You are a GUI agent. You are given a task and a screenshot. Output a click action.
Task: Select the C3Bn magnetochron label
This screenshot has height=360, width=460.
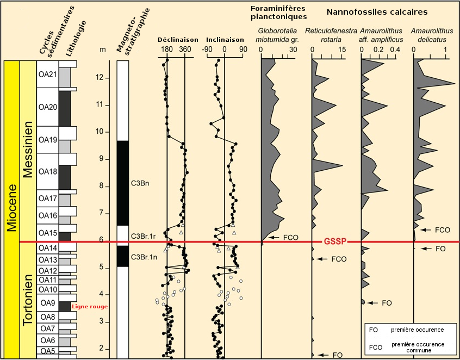140,183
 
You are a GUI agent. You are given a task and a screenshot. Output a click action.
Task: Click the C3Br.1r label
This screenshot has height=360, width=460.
144,235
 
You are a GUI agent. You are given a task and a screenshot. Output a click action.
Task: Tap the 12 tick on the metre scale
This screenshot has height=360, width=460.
103,78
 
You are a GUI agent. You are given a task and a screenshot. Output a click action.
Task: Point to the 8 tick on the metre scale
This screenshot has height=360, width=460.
103,186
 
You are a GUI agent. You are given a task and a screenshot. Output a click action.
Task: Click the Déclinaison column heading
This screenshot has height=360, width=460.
176,40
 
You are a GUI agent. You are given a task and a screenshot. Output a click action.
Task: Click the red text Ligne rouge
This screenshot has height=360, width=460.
90,307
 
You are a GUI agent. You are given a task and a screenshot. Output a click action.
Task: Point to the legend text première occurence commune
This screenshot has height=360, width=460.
418,347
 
